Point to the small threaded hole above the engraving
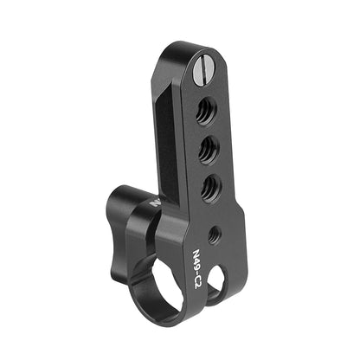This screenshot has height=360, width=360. [214, 232]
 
